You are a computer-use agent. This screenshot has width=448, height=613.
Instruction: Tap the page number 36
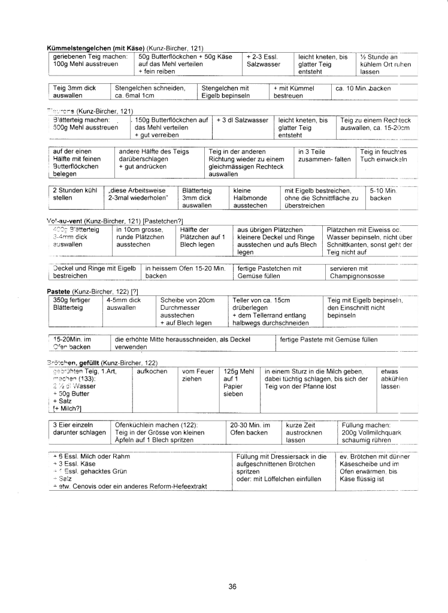click(232, 587)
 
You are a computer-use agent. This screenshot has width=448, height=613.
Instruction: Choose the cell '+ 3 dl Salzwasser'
click(242, 120)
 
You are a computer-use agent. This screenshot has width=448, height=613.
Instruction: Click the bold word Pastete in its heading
click(59, 291)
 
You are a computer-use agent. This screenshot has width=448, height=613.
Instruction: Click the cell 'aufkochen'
click(150, 372)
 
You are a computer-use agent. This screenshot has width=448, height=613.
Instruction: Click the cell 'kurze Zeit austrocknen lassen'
click(304, 432)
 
